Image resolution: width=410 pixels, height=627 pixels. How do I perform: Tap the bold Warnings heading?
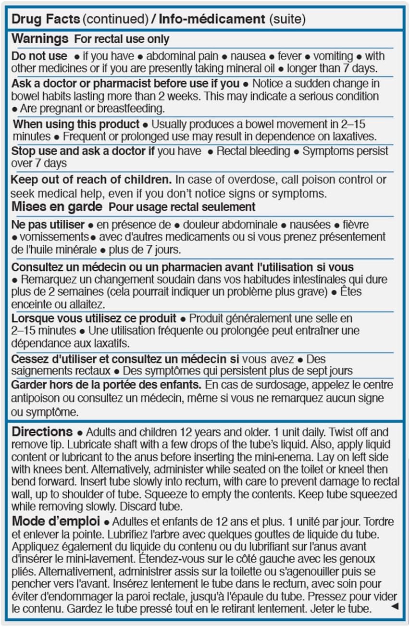[x=40, y=38]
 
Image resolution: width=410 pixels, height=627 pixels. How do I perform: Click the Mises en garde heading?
[x=57, y=207]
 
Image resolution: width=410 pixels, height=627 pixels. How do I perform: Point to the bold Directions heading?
[x=42, y=431]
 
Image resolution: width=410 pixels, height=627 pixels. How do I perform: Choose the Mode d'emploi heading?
[x=55, y=521]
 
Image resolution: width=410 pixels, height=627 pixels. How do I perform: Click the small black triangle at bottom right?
[x=395, y=607]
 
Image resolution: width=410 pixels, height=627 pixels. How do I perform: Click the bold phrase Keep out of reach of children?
[x=91, y=180]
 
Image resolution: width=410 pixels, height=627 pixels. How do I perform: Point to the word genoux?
[x=360, y=559]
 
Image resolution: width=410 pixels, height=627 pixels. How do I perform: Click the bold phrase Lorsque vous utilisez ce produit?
[x=94, y=318]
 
